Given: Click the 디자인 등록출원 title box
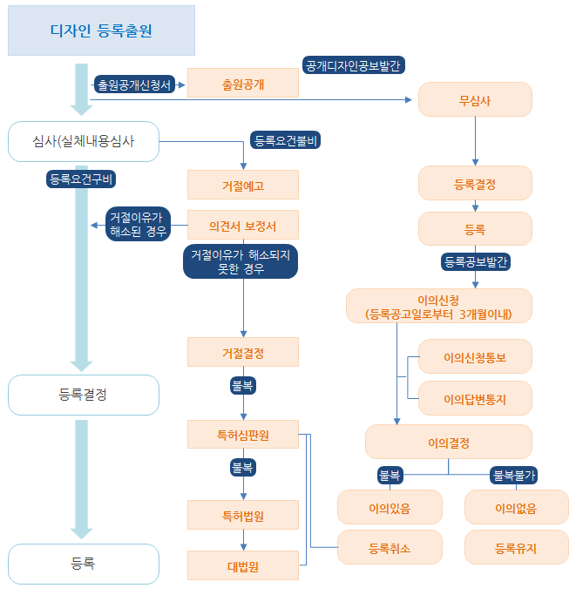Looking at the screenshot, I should tap(101, 30).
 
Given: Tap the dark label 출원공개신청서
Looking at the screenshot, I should tap(135, 85).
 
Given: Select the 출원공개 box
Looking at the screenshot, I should tap(243, 85).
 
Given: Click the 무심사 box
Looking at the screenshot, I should tap(475, 99).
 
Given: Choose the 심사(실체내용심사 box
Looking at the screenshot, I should tap(84, 141).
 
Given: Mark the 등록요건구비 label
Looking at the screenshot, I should tap(83, 179).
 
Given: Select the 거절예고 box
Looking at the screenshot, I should tap(243, 186).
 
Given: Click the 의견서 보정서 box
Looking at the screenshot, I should tap(243, 226).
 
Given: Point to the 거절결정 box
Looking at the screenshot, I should tap(243, 353).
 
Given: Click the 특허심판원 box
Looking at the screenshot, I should tap(243, 435).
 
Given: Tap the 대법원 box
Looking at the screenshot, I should tap(243, 565).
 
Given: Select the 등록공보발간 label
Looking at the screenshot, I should tap(476, 260).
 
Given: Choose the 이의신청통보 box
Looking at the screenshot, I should tap(475, 357).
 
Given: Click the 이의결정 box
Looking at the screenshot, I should tap(448, 442).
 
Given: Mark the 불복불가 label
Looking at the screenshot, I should tap(514, 476).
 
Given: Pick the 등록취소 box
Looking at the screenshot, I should tap(390, 548).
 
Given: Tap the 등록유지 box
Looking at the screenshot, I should tap(516, 548).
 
